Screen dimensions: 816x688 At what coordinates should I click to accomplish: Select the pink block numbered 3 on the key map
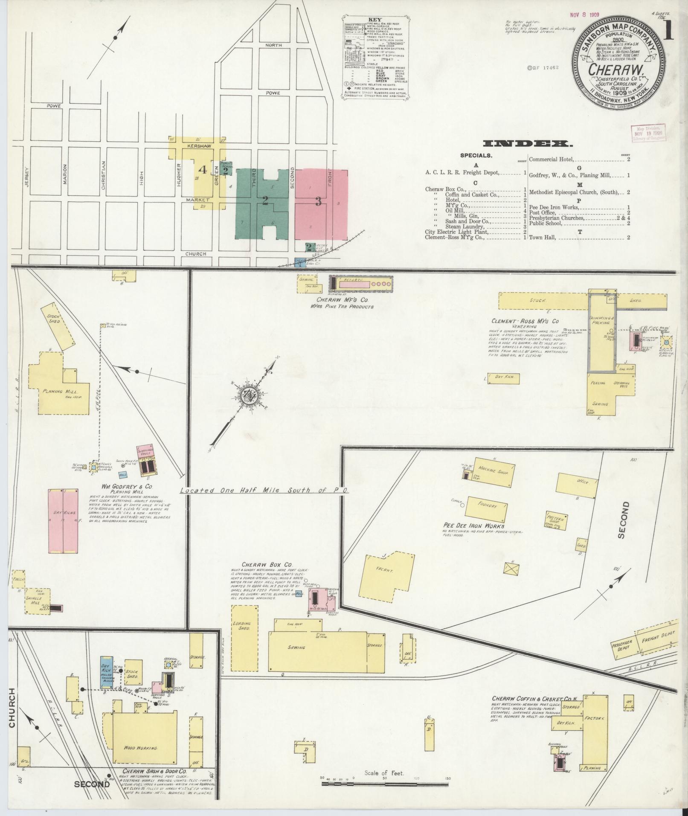[x=319, y=201]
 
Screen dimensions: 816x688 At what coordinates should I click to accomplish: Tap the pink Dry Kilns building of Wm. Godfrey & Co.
[x=63, y=521]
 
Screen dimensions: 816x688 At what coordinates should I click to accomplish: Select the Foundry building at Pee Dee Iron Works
[x=487, y=506]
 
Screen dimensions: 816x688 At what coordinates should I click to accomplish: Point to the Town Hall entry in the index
[x=542, y=237]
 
